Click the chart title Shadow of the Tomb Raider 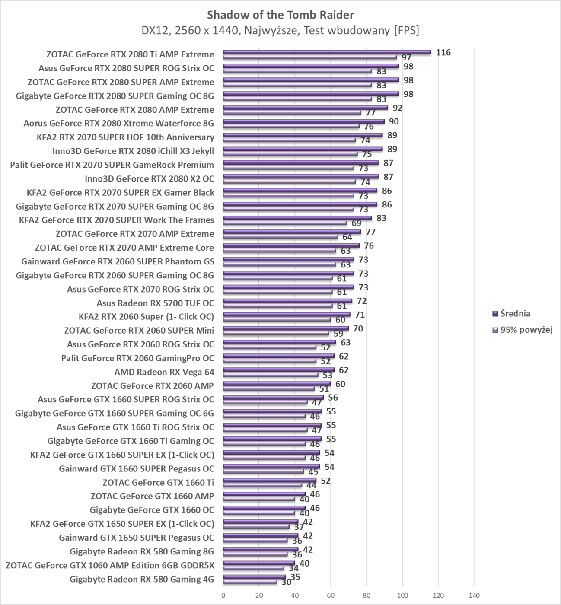click(x=280, y=15)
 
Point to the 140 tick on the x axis click(x=474, y=595)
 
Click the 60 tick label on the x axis click(x=331, y=595)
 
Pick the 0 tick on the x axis click(x=223, y=595)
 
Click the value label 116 click(x=443, y=53)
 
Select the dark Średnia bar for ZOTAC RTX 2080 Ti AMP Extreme click(x=327, y=52)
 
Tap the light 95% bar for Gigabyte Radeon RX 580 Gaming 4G click(x=250, y=582)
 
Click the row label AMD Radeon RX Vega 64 click(x=164, y=372)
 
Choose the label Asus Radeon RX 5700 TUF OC click(x=155, y=303)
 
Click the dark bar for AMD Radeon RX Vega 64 click(x=278, y=370)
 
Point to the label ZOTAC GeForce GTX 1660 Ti click(x=158, y=482)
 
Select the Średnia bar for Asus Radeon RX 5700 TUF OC click(x=287, y=301)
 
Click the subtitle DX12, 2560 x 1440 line click(x=280, y=30)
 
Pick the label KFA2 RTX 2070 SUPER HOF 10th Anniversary click(x=125, y=137)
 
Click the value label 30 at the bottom click(x=286, y=583)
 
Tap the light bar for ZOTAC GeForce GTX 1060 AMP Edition click(x=253, y=568)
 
